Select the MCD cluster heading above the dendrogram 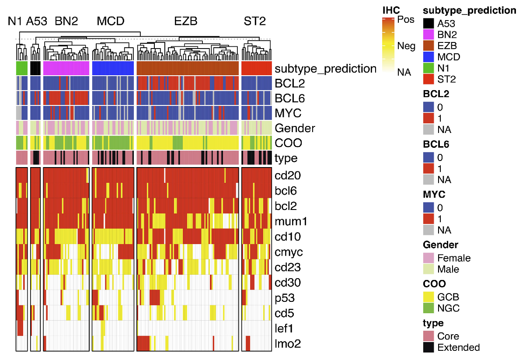click(111, 21)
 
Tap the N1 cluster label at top click(15, 21)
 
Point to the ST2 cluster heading click(254, 21)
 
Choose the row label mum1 click(291, 222)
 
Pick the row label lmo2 click(288, 344)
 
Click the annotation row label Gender click(295, 128)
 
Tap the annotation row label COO click(288, 143)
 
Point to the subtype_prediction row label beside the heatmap click(325, 69)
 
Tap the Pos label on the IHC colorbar click(406, 20)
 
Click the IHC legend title click(391, 10)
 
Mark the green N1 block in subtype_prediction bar click(22, 68)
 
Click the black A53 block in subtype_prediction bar click(35, 68)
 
